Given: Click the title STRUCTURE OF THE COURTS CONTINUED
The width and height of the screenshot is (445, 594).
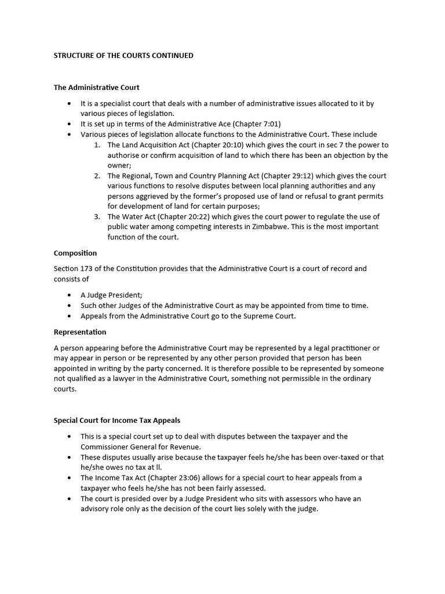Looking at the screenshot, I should click(123, 56).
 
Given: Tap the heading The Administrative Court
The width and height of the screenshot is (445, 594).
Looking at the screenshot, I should click(96, 88).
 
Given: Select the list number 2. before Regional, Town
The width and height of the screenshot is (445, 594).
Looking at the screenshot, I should click(97, 176).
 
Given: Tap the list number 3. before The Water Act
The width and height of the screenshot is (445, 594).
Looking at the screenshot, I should click(97, 217).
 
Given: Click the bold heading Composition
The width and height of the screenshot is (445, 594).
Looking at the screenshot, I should click(75, 253).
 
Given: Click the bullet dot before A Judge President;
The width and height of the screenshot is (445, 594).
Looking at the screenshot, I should click(70, 295).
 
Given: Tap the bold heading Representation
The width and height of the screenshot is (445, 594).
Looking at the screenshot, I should click(80, 332).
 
